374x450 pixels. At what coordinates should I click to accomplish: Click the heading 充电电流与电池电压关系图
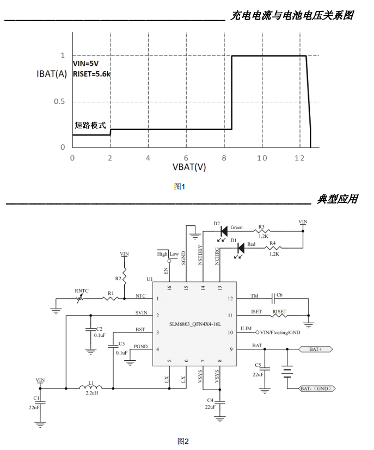tap(292, 15)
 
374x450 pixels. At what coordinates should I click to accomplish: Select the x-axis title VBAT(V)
tap(189, 168)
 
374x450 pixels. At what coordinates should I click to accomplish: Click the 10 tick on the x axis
tap(262, 157)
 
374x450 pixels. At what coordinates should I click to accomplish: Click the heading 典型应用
tap(338, 199)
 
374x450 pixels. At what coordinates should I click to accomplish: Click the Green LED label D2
tap(216, 224)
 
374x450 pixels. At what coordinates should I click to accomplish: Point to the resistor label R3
tap(261, 227)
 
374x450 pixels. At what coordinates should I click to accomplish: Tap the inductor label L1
tap(91, 383)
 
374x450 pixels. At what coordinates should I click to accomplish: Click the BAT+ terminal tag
tap(316, 349)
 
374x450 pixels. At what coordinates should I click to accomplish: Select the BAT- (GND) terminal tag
tap(316, 389)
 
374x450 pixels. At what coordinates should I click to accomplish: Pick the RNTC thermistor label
tap(82, 291)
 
